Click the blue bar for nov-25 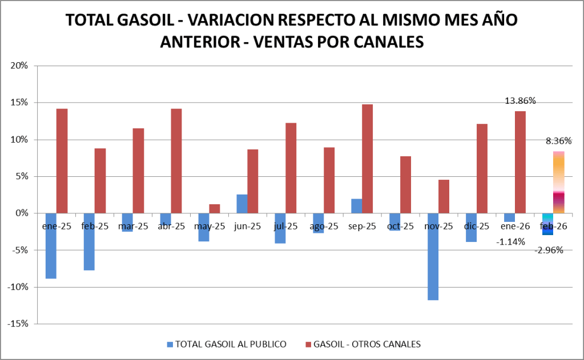[x=433, y=256]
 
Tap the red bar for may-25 [x=215, y=208]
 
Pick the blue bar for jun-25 [x=242, y=204]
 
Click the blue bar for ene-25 [x=51, y=245]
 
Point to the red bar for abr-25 [x=176, y=160]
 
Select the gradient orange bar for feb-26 [x=559, y=183]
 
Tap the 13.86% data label [x=520, y=101]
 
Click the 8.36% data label [x=559, y=141]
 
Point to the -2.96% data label [x=549, y=250]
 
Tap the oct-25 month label [x=401, y=226]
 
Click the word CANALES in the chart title [x=384, y=42]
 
